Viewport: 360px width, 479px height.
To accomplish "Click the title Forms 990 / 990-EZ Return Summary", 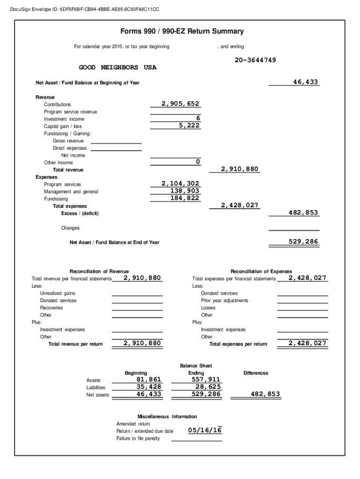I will [x=182, y=31].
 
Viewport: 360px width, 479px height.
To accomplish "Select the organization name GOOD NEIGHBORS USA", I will [x=117, y=68].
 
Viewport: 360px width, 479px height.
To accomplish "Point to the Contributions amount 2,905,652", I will [x=180, y=104].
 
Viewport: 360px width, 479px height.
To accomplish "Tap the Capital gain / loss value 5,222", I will [x=190, y=126].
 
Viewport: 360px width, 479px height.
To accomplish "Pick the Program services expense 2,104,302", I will [x=180, y=184].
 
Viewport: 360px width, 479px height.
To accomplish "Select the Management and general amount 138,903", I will [x=185, y=191].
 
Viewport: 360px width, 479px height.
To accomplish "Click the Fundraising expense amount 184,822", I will [x=185, y=198].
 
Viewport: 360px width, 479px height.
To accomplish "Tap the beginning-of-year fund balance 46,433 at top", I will [x=305, y=82].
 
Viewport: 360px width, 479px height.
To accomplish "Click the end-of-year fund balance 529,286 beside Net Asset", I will [x=303, y=242].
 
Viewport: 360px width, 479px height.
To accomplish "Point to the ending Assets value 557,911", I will [x=206, y=379].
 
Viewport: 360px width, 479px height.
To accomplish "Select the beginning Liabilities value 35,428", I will [x=149, y=387].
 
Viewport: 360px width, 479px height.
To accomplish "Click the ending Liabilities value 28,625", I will [x=206, y=387].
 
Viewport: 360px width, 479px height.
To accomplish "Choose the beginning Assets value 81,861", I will [x=149, y=379].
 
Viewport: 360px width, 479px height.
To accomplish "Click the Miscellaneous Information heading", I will [x=167, y=416].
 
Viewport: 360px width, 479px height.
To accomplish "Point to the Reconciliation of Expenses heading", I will [x=261, y=271].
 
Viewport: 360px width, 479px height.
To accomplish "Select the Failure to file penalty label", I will [x=138, y=438].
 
